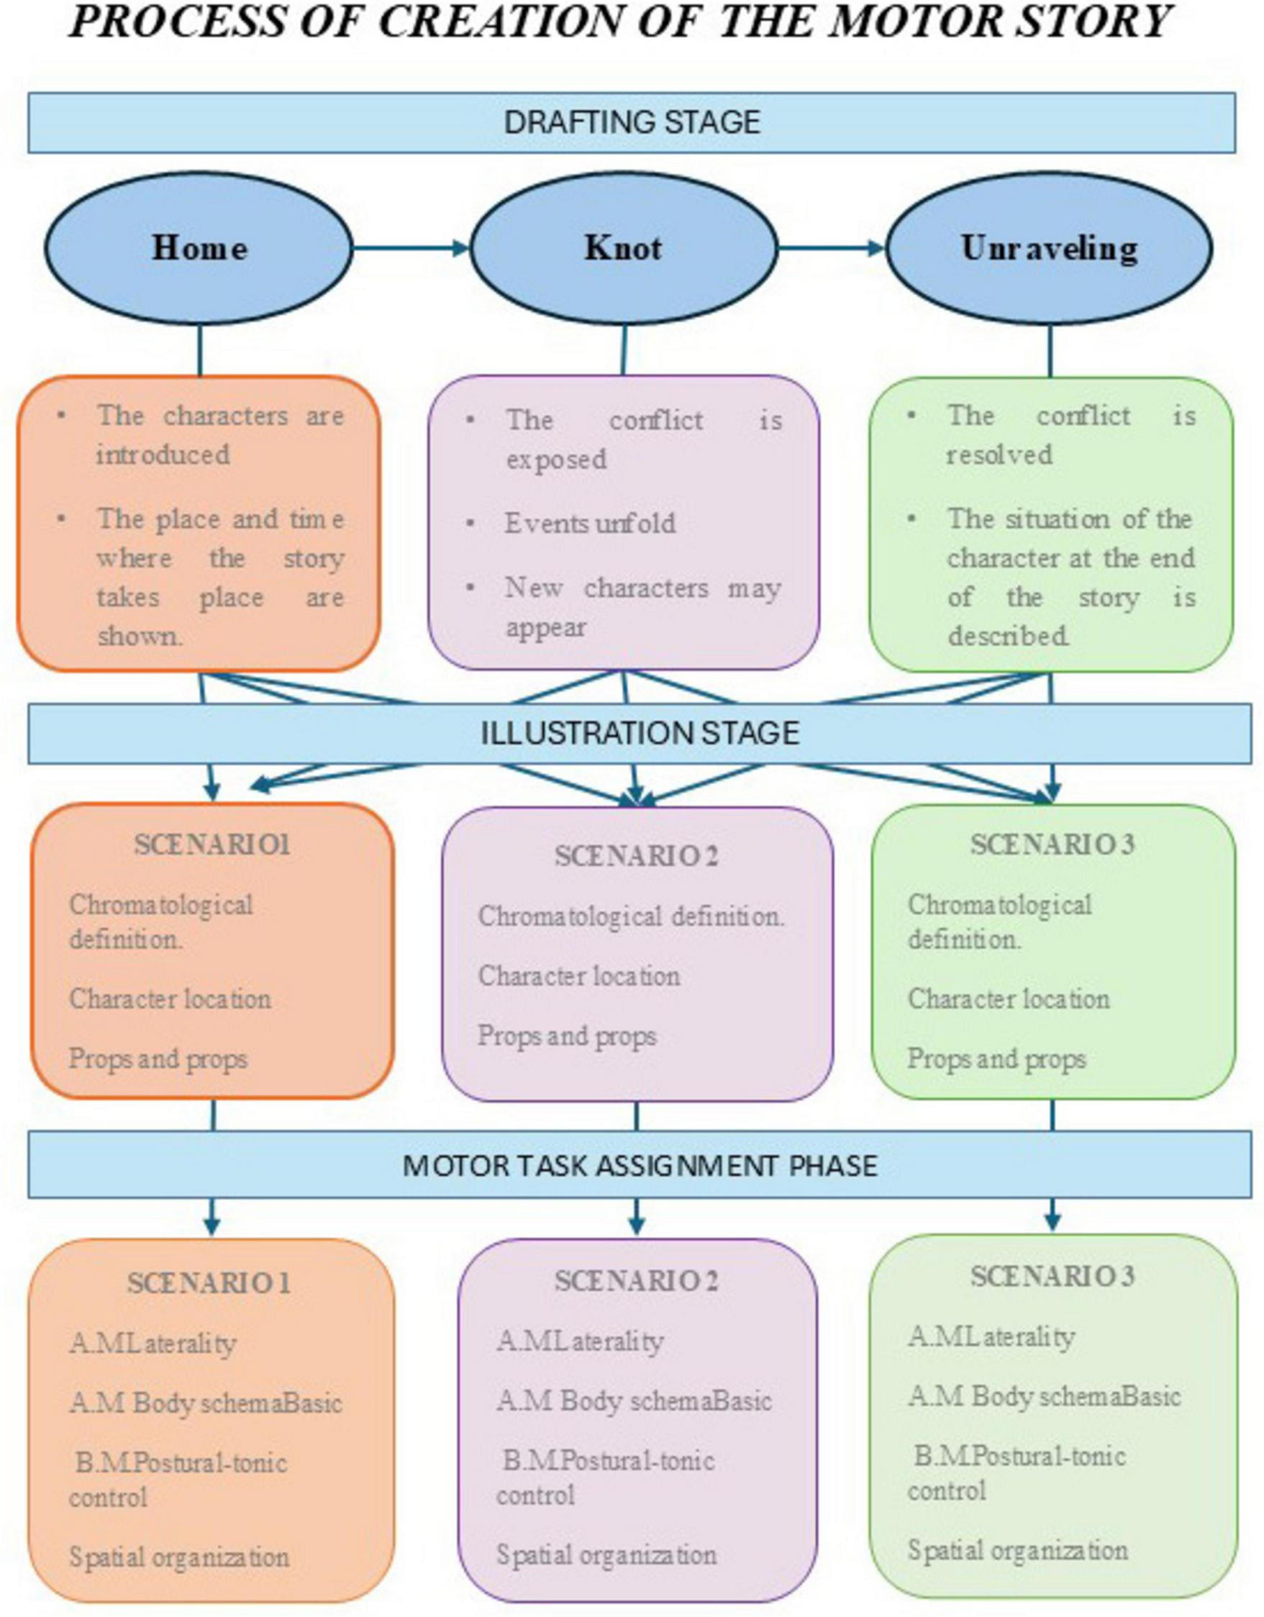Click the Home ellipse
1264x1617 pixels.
point(198,248)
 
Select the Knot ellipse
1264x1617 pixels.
point(624,248)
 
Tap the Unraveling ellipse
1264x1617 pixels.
point(1050,248)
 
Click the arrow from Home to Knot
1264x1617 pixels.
point(411,248)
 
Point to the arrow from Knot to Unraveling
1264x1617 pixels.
point(832,248)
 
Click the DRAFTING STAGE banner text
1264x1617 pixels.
point(632,122)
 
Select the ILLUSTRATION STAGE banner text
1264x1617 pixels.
point(640,733)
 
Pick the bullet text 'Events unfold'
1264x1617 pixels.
point(590,524)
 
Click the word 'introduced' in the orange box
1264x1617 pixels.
point(163,455)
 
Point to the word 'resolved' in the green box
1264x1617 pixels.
point(999,455)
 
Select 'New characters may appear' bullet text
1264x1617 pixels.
point(642,607)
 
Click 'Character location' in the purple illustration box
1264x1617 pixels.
point(579,976)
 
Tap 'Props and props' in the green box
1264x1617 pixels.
point(996,1059)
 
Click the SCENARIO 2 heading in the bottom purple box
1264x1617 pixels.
point(636,1281)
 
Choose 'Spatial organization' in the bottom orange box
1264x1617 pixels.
point(179,1557)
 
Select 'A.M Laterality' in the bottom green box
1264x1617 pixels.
point(991,1336)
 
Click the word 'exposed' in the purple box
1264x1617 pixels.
point(556,460)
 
